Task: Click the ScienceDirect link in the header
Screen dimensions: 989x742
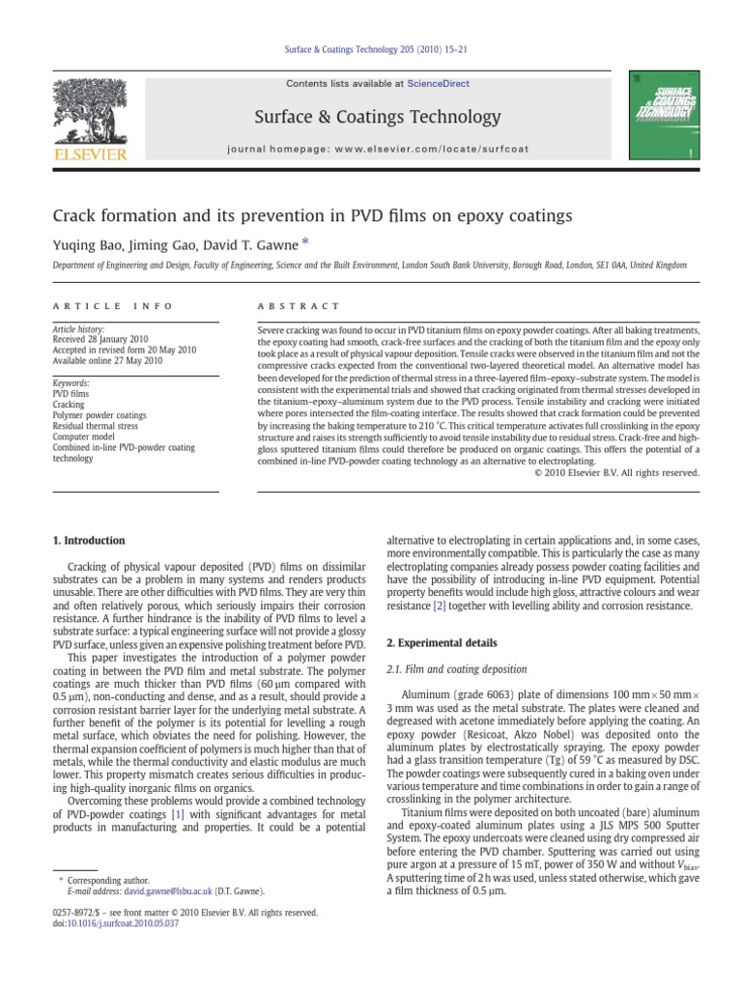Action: point(439,84)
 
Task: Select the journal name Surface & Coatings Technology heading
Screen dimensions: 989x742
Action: point(378,118)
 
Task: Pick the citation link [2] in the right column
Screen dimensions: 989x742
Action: point(439,606)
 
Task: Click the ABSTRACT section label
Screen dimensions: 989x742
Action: point(298,306)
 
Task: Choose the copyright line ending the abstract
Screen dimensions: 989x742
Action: point(616,472)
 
